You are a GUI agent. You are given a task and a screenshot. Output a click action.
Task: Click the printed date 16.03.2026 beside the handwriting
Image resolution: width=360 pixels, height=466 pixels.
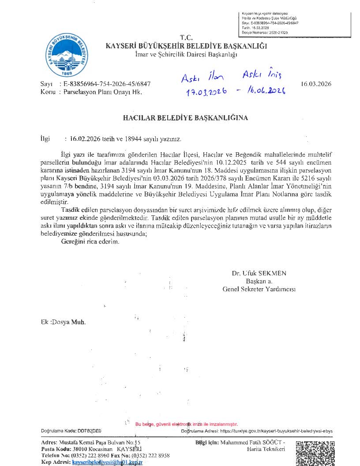tap(316, 83)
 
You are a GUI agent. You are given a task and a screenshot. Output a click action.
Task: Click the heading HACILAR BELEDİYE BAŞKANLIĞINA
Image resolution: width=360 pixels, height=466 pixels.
tap(185, 118)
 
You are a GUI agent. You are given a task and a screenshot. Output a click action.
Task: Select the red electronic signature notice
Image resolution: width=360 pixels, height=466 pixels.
tap(187, 424)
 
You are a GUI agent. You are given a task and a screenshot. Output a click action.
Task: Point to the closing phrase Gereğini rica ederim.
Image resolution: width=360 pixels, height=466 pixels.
tap(90, 242)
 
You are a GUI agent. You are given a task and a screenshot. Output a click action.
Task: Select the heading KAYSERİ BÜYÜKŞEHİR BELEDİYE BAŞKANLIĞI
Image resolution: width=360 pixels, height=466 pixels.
tap(186, 45)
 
